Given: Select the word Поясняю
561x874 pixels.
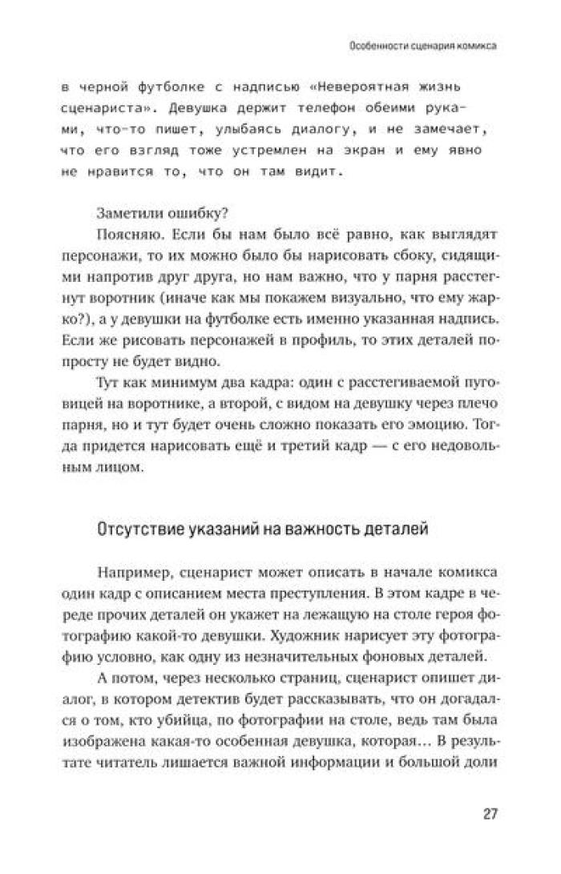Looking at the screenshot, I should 125,236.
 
